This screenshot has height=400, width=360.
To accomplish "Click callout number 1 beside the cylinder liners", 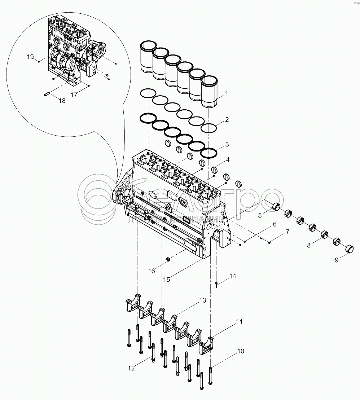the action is [227, 94].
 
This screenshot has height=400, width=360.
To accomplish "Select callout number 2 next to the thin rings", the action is [227, 119].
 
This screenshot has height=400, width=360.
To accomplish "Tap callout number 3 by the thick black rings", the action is [227, 144].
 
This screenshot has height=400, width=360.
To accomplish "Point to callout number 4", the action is [228, 160].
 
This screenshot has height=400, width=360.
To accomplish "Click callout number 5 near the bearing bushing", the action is [260, 216].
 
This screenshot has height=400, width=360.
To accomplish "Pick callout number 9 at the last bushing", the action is [337, 260].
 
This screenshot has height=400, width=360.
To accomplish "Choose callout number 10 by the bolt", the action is [241, 351].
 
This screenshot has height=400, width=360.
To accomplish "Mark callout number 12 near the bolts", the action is [131, 368].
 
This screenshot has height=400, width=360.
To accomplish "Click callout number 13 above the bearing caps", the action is [202, 300].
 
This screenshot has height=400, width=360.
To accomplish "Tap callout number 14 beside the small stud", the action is [232, 276].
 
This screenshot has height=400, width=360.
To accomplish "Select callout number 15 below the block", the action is [167, 280].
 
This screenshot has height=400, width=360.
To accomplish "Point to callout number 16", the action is [152, 271].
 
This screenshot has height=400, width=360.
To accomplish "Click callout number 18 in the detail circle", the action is [62, 101].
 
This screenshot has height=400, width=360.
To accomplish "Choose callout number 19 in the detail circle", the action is [30, 57].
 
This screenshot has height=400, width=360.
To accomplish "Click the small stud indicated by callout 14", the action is [216, 285].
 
